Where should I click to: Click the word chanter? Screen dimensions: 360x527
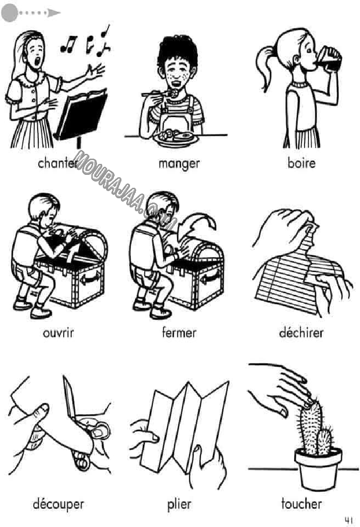57,163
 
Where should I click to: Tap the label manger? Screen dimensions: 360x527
179,164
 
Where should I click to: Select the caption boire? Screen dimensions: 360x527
302,163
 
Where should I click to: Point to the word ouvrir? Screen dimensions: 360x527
58,333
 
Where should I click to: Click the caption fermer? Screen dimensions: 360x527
179,333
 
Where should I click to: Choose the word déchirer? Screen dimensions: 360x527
301,333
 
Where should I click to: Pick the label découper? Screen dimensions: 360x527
58,505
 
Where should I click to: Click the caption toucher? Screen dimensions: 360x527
302,504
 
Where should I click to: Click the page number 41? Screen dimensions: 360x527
349,520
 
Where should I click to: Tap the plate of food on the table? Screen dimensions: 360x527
175,138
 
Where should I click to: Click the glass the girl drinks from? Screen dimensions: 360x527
329,59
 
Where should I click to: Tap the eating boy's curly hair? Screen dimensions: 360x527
177,51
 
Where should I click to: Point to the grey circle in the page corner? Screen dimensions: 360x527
10,13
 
